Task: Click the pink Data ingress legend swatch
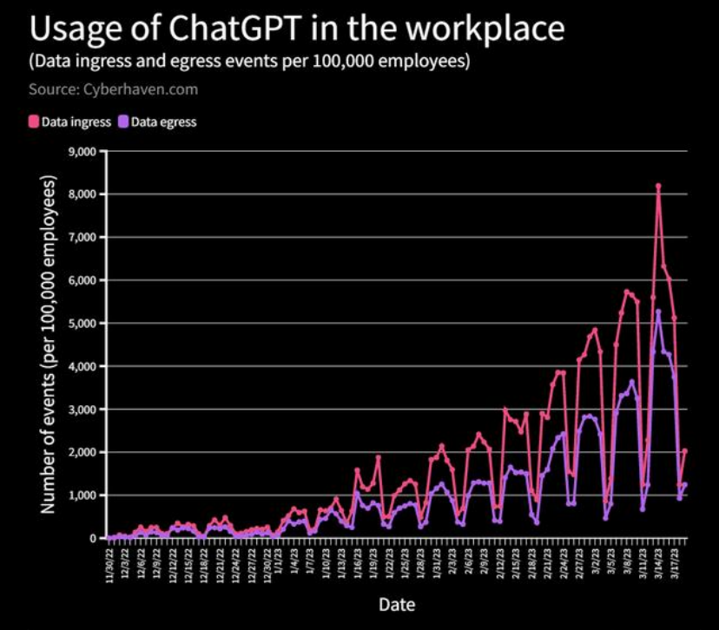pos(35,122)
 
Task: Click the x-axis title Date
pos(395,603)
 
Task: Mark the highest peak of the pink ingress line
pos(658,186)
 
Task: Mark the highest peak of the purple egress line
pos(658,312)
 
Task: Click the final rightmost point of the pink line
pos(685,450)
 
